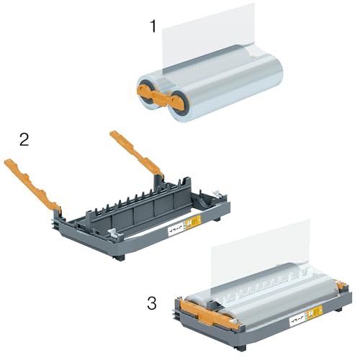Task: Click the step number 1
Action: coord(153,27)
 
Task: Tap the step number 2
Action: coord(24,139)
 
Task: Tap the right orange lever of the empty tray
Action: coord(137,151)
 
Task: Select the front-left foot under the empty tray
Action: coord(118,256)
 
